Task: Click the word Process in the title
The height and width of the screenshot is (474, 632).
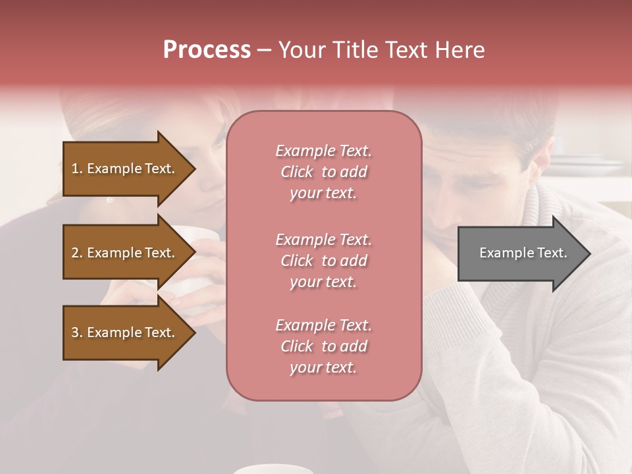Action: (x=207, y=50)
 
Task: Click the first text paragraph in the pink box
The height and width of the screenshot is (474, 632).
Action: (x=323, y=172)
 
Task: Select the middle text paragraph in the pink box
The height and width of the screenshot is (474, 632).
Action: (x=323, y=261)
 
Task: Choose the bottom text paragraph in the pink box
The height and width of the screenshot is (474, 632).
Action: (x=323, y=346)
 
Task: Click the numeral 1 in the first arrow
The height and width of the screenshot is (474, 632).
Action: (x=74, y=169)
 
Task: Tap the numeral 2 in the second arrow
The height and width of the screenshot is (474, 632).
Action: (x=74, y=253)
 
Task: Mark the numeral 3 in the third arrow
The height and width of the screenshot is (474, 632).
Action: (x=74, y=332)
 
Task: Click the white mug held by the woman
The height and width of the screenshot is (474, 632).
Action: (x=197, y=263)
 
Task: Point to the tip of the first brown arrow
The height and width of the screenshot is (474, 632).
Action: (x=194, y=169)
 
